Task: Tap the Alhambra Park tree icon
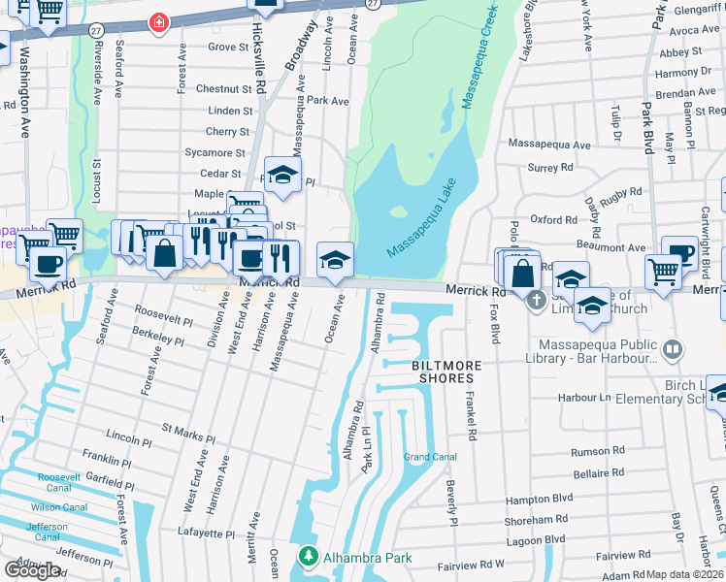tap(308, 558)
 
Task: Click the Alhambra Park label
tap(368, 558)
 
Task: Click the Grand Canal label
tap(430, 457)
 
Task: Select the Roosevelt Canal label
tap(65, 477)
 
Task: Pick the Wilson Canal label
tap(59, 506)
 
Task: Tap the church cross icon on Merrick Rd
tap(535, 303)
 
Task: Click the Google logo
tap(33, 569)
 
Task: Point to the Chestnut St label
tap(223, 88)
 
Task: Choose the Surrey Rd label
tap(549, 167)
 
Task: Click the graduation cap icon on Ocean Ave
tap(335, 260)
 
